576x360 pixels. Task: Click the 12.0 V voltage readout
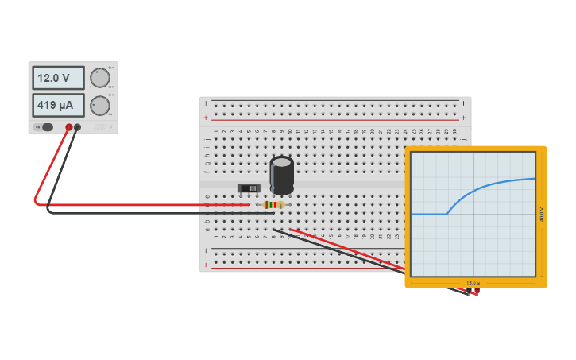tap(58, 78)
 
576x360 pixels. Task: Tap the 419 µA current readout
tap(58, 105)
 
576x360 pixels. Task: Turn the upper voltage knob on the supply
tap(100, 78)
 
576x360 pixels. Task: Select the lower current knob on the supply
tap(100, 106)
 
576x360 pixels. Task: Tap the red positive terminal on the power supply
tap(69, 127)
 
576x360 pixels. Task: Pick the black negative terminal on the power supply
tap(77, 127)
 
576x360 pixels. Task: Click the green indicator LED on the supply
tap(110, 68)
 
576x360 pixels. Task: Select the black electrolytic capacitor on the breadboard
tap(281, 175)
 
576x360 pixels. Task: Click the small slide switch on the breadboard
tap(249, 188)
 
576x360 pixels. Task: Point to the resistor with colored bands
tap(273, 205)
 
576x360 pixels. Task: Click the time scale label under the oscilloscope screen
tap(473, 283)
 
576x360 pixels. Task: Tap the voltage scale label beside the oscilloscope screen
tap(542, 215)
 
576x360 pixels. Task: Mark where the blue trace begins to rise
tap(447, 213)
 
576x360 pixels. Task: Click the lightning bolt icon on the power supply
tap(111, 127)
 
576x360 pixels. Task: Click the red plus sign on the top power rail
tap(207, 118)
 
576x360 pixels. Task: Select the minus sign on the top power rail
tap(207, 103)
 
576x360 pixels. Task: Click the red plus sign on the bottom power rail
tap(207, 265)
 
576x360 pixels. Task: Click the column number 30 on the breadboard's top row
tap(454, 132)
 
